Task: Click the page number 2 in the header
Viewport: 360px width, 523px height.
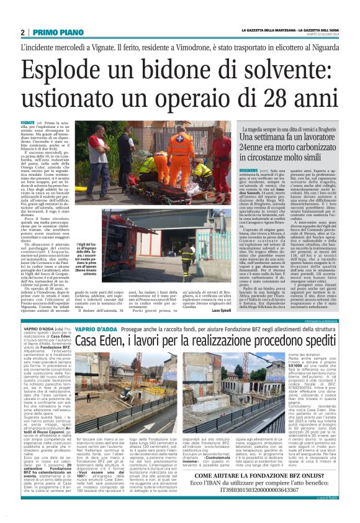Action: pyautogui.click(x=22, y=32)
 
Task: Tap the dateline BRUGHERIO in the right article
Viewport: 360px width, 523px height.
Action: pyautogui.click(x=250, y=169)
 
